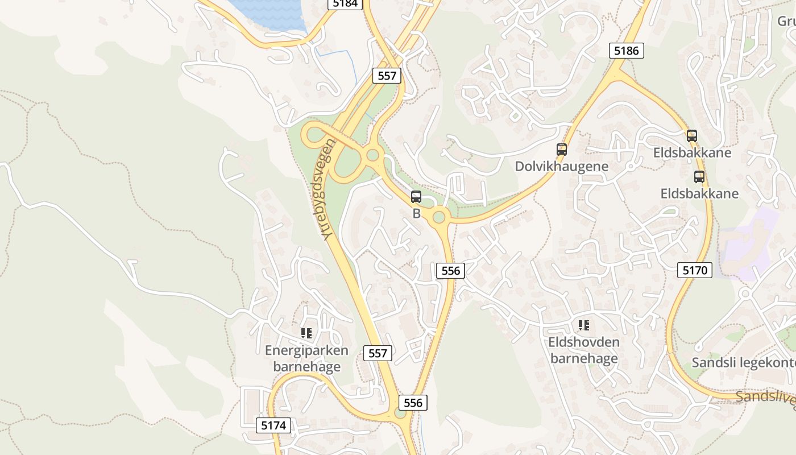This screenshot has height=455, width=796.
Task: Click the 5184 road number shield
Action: [345, 3]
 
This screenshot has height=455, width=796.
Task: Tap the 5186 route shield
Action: [627, 51]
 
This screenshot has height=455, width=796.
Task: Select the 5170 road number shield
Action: [695, 270]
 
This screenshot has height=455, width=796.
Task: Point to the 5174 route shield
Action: [273, 425]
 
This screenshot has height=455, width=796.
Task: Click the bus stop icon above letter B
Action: [416, 197]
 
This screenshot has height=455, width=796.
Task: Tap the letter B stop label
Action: [416, 214]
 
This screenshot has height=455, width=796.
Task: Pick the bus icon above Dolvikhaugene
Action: [562, 150]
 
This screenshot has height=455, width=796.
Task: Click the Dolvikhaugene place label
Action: [561, 167]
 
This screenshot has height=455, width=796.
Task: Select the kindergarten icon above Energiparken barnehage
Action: [306, 333]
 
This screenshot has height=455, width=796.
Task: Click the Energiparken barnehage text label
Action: [306, 358]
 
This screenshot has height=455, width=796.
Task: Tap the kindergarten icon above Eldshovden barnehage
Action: [583, 325]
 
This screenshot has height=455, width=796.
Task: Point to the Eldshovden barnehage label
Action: [584, 350]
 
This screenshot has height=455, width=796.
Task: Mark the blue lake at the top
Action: [267, 14]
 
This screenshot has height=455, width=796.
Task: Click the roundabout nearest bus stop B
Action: [439, 217]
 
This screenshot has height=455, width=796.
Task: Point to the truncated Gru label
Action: [786, 21]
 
